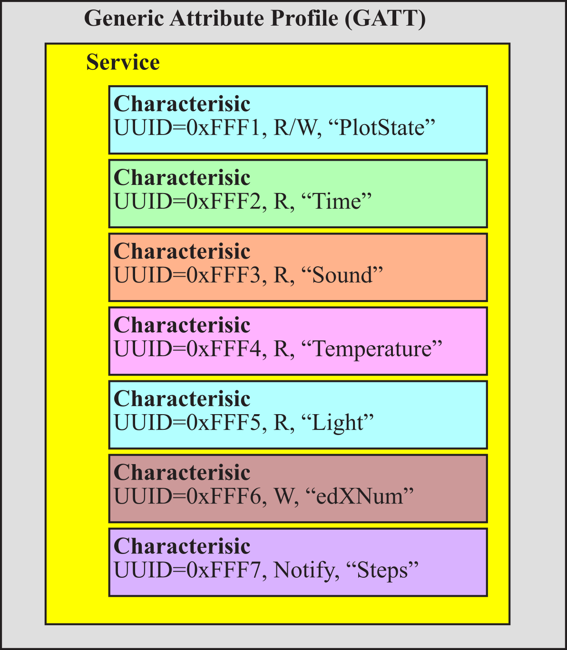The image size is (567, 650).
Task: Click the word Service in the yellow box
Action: [x=123, y=62]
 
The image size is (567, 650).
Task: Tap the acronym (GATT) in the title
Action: [x=385, y=19]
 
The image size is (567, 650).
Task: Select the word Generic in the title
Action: [x=124, y=18]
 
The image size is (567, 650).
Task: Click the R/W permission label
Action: [x=295, y=128]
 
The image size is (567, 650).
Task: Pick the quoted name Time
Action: [x=337, y=202]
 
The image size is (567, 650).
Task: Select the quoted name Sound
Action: [x=342, y=275]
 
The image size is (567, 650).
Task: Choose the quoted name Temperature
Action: [x=371, y=349]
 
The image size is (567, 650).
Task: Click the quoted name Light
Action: [x=337, y=423]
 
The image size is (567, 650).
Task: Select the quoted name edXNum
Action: [x=360, y=496]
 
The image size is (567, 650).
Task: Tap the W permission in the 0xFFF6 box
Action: [x=283, y=496]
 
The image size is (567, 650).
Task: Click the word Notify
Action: [x=303, y=571]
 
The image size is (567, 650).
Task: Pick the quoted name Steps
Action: [x=382, y=571]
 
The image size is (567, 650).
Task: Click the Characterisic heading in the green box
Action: [x=182, y=177]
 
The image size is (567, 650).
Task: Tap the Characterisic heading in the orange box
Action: [x=182, y=251]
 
